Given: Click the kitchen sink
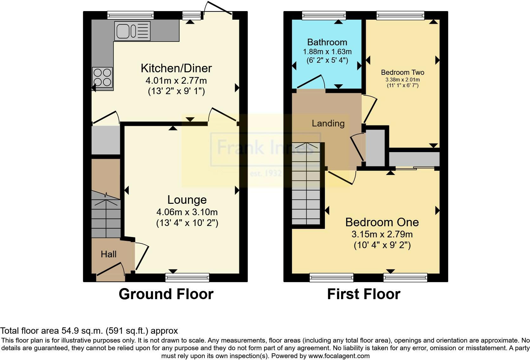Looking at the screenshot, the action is (x=132, y=31).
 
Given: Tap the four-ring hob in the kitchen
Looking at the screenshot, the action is (x=102, y=77).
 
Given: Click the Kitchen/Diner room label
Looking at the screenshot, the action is (x=176, y=68).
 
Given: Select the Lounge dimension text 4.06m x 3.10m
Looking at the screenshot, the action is (x=187, y=212).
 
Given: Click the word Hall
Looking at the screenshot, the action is (x=109, y=254).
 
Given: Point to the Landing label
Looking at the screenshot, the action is (x=328, y=123).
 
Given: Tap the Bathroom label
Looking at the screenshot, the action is (x=327, y=42).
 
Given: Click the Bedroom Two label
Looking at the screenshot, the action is (x=403, y=72).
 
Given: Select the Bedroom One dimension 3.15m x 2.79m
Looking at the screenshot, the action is (x=382, y=234).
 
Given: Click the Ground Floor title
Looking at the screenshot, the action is (x=166, y=294).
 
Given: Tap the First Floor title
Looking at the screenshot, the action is (x=364, y=294).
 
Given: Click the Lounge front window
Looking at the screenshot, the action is (x=187, y=278).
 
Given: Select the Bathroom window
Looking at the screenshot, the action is (x=324, y=16).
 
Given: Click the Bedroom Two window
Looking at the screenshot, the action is (x=400, y=16).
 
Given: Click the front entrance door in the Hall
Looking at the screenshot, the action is (x=111, y=270).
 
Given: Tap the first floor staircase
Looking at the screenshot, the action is (x=306, y=183).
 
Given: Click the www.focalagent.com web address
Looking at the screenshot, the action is (x=339, y=356).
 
